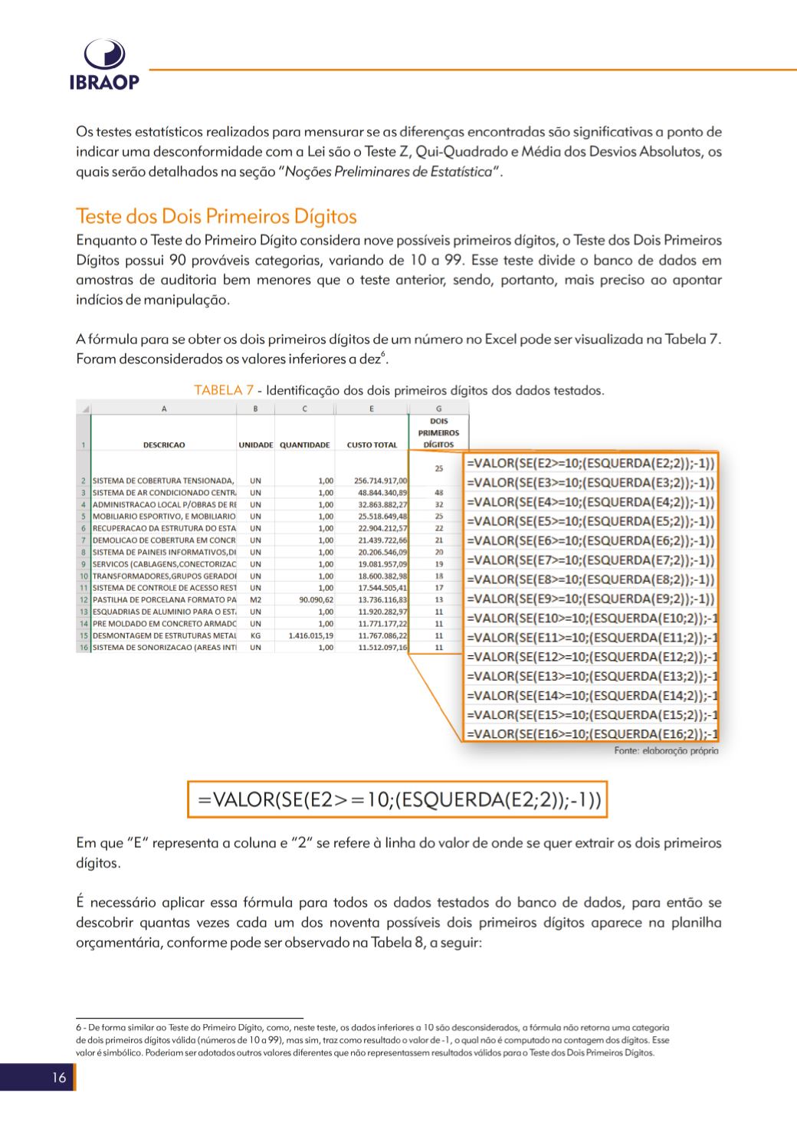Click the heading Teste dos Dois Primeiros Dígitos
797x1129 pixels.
click(216, 216)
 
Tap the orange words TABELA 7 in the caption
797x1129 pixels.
click(224, 390)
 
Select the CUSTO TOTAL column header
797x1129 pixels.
click(372, 445)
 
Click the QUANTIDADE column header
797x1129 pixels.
click(304, 445)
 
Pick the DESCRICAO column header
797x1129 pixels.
click(164, 445)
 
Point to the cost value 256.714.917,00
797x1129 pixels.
click(381, 481)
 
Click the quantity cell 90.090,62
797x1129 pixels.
click(314, 599)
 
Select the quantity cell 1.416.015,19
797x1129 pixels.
click(310, 635)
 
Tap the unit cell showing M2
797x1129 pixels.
click(256, 599)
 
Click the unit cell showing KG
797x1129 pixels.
click(256, 635)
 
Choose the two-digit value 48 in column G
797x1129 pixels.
click(439, 493)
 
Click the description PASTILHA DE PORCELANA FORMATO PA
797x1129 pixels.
click(164, 599)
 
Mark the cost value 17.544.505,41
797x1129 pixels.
click(382, 588)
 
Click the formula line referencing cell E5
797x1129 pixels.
click(590, 521)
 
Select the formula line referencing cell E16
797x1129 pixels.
click(590, 734)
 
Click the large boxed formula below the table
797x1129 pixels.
click(399, 800)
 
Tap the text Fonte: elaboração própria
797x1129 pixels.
click(666, 751)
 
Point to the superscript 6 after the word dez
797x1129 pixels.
click(384, 353)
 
